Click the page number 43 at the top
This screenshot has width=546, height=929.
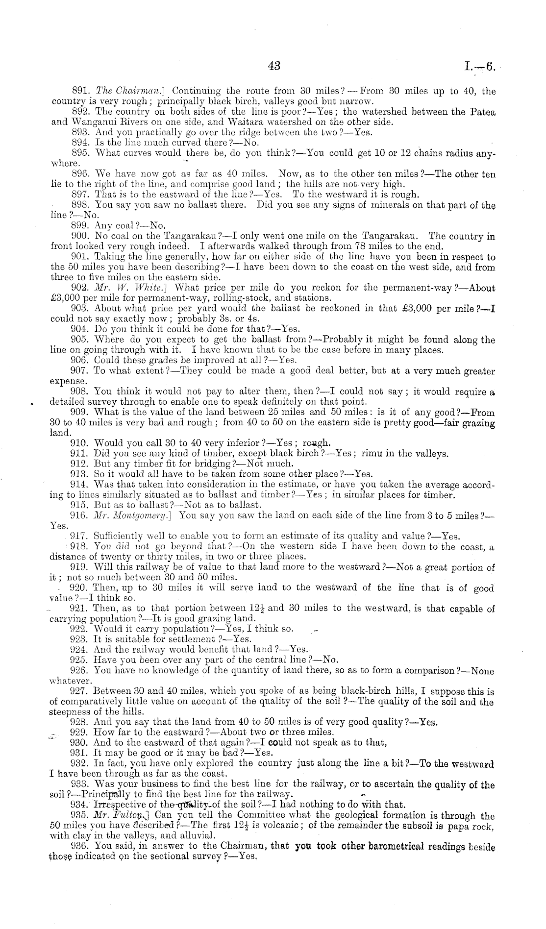pyautogui.click(x=273, y=66)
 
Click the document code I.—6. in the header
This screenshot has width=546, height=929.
pyautogui.click(x=480, y=67)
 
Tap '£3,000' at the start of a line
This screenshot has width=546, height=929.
pyautogui.click(x=66, y=298)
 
